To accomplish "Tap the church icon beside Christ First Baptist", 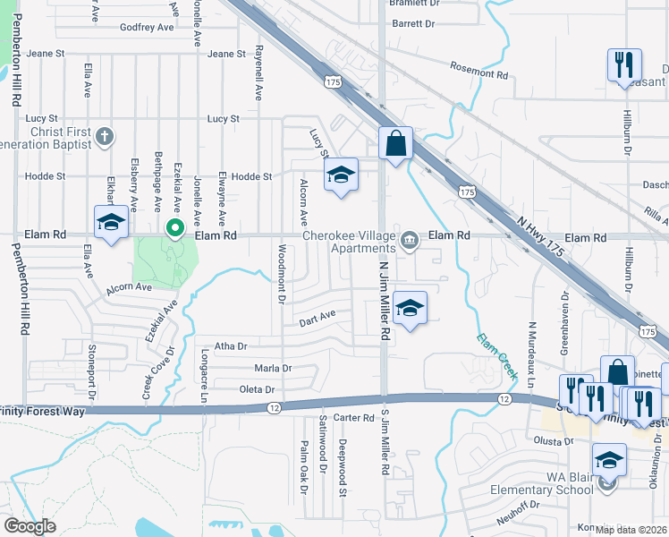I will point(105,137).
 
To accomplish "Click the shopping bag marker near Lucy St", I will point(394,143).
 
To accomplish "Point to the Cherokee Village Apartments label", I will point(349,242).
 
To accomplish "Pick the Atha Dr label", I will point(230,345).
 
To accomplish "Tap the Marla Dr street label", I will point(273,368).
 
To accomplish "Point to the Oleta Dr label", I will point(256,389).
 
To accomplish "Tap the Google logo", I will point(29,526).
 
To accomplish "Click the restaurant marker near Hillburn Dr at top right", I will point(624,65).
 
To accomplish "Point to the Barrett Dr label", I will point(412,24).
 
